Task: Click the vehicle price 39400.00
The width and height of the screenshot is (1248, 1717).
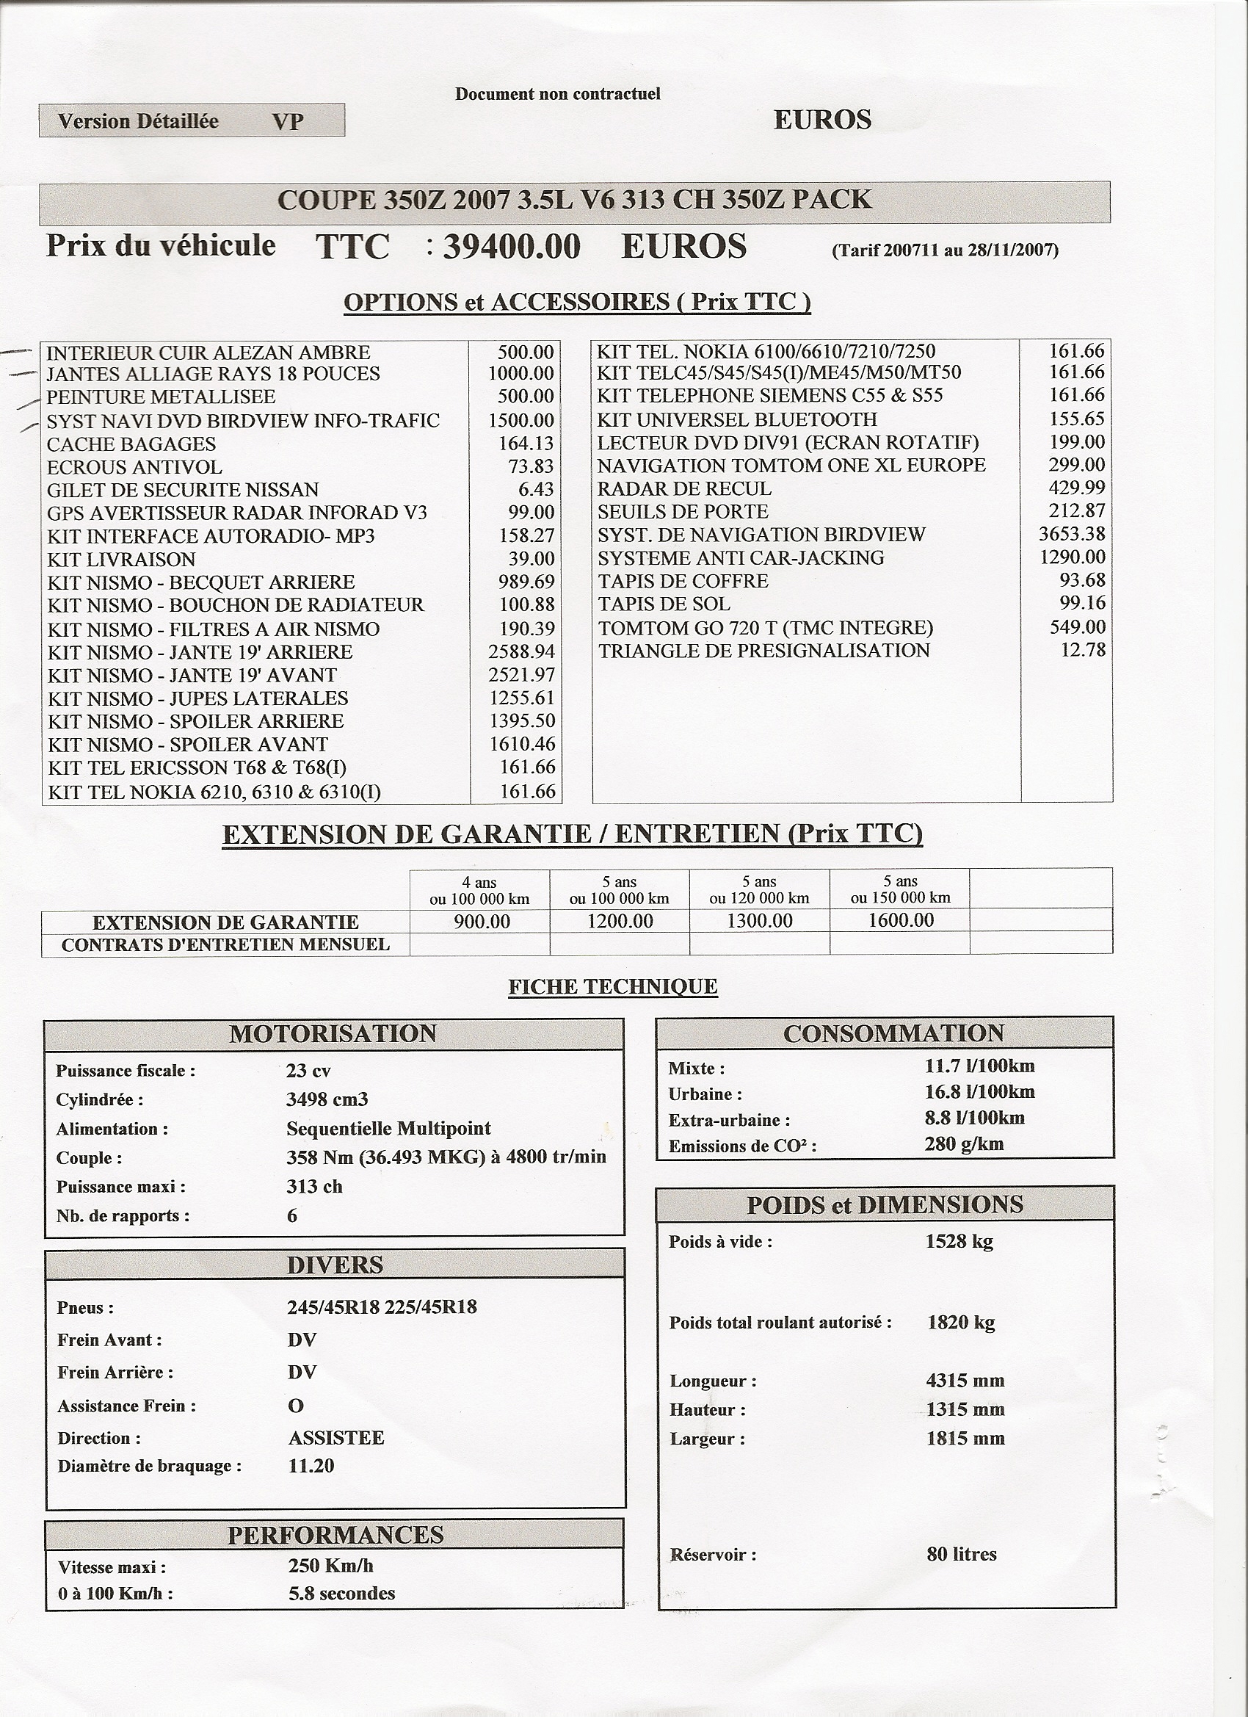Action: pos(511,247)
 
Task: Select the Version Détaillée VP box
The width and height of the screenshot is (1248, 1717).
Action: pos(192,120)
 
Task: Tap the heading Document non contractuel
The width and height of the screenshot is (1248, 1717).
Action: pos(558,94)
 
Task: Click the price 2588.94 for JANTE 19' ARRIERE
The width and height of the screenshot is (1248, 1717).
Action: pos(521,652)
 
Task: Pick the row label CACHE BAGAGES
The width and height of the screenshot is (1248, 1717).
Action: pos(131,444)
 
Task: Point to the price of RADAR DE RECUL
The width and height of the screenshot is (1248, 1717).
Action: pos(1076,488)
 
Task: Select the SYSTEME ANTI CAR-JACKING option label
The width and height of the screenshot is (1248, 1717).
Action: pos(740,558)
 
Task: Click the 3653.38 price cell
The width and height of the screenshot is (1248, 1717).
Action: pos(1072,534)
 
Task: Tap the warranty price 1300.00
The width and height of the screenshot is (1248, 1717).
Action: pos(759,921)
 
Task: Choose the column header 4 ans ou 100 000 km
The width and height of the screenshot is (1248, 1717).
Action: pos(479,890)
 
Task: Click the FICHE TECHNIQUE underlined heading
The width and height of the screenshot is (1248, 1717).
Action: pos(613,986)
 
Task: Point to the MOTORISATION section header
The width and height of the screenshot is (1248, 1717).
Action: pos(333,1034)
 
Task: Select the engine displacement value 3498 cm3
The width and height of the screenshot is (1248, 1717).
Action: pos(327,1099)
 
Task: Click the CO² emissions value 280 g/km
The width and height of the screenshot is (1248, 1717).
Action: pos(963,1144)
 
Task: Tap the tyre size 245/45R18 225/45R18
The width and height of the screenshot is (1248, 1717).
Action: pos(382,1307)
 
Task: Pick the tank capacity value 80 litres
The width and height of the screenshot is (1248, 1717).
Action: pos(961,1554)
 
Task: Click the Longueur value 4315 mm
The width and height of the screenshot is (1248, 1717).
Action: pos(965,1380)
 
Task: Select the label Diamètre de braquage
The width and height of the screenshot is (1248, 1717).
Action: pos(149,1467)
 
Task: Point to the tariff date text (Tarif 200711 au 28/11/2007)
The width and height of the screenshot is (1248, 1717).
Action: pos(945,250)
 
